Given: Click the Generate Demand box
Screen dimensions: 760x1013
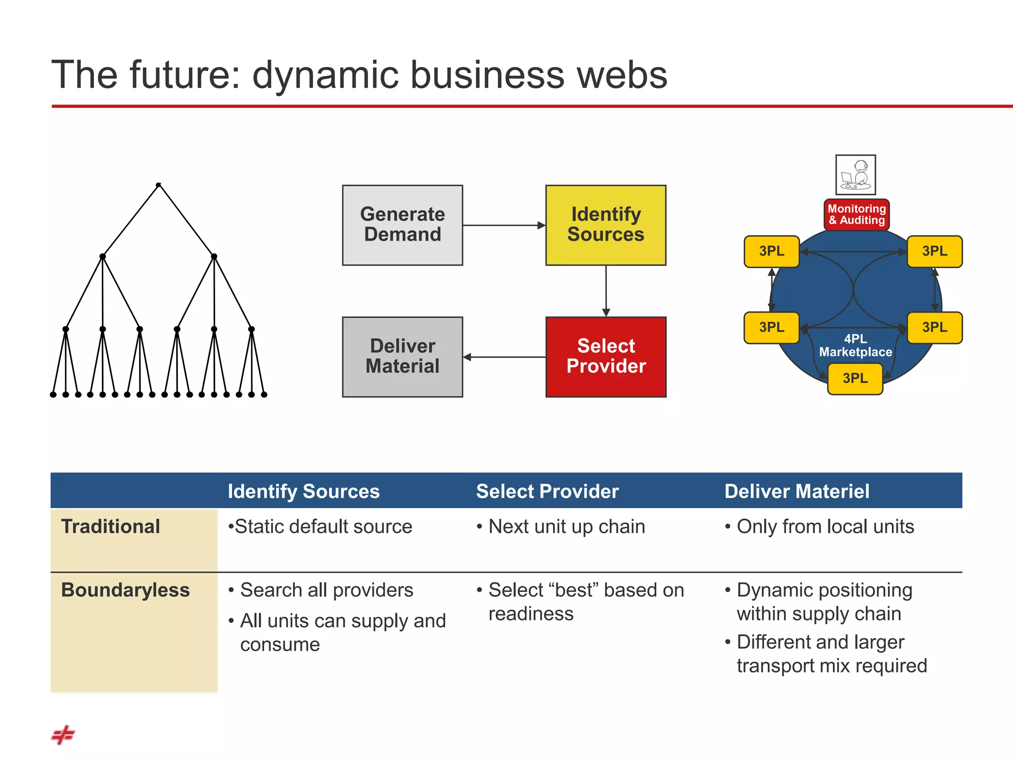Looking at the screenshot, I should [402, 225].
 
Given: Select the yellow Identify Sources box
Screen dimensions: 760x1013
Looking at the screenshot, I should [605, 225].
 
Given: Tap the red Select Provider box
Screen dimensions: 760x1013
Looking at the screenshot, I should [605, 357].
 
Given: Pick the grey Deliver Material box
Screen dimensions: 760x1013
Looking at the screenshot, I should [402, 357].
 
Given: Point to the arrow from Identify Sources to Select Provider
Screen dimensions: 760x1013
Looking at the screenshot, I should [606, 291].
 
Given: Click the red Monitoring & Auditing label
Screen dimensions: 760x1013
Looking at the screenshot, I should [856, 215].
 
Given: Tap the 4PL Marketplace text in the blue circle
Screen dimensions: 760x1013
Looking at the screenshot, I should [855, 345].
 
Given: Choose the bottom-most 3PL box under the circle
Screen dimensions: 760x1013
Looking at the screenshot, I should [855, 379].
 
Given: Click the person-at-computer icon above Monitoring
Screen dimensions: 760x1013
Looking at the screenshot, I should [855, 175].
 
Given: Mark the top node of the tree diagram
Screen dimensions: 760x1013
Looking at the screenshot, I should [158, 185].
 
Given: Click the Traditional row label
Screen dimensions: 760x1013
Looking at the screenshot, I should [110, 526].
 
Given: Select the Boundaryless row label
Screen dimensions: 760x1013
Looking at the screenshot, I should [125, 590].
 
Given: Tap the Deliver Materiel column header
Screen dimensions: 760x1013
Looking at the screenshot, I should [796, 491].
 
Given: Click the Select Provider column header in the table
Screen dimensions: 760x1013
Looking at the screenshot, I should [547, 491].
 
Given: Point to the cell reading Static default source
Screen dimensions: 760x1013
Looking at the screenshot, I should [320, 526].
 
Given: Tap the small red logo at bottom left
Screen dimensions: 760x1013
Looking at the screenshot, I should [63, 735].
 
